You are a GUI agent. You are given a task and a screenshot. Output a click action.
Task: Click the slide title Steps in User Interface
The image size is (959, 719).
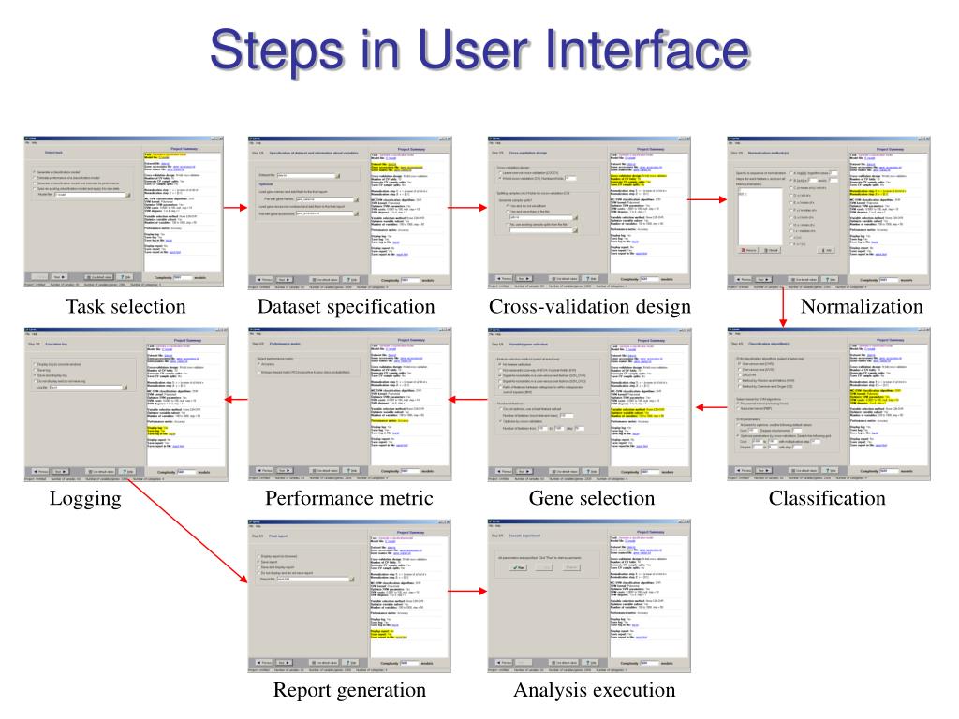click(x=479, y=50)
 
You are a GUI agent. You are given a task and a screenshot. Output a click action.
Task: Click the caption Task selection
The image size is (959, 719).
click(x=125, y=307)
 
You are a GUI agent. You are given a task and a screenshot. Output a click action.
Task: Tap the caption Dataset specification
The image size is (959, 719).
click(x=347, y=307)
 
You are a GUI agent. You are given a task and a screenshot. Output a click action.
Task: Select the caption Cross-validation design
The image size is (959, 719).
click(x=590, y=307)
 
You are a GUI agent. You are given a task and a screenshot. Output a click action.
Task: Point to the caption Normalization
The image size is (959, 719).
click(x=862, y=307)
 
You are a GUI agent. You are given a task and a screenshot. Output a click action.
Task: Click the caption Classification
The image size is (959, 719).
click(x=827, y=498)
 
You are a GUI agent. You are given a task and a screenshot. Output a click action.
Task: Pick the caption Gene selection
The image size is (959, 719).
click(x=592, y=498)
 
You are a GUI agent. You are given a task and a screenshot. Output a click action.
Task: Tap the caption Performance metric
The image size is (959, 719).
click(x=349, y=498)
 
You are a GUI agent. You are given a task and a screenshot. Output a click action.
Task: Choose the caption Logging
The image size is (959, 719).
click(x=86, y=498)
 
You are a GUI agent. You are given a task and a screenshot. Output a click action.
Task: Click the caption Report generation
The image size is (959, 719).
click(x=349, y=691)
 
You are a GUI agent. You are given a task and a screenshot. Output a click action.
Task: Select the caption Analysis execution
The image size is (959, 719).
click(x=594, y=691)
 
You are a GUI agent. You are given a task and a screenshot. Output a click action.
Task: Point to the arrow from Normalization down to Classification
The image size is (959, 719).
click(x=783, y=309)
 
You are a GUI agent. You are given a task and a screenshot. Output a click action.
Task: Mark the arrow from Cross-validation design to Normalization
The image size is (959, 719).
click(x=702, y=208)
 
